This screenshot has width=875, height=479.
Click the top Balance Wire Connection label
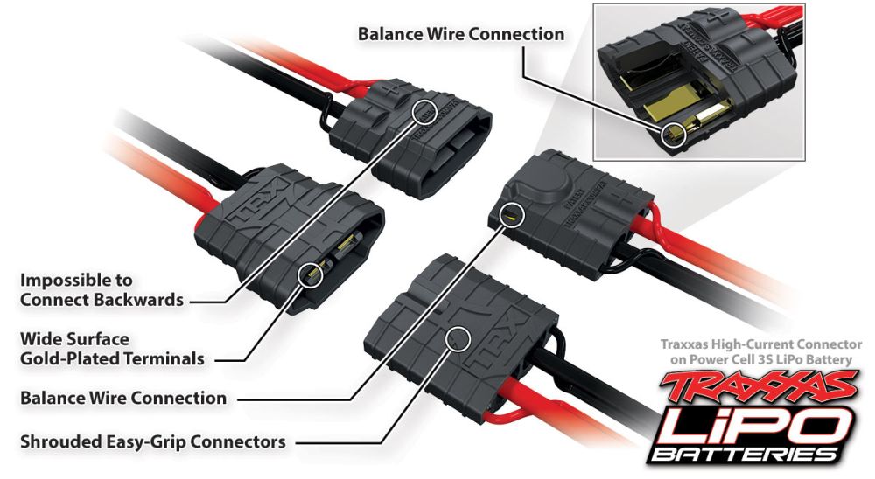click(460, 34)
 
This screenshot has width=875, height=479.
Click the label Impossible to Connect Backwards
click(101, 290)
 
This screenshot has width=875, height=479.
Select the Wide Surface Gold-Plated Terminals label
click(112, 348)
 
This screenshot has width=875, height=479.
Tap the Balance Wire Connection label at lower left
click(123, 399)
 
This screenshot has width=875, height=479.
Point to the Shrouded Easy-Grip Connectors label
click(152, 442)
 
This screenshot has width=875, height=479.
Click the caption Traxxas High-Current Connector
click(761, 345)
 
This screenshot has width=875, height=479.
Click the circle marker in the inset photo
click(671, 133)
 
